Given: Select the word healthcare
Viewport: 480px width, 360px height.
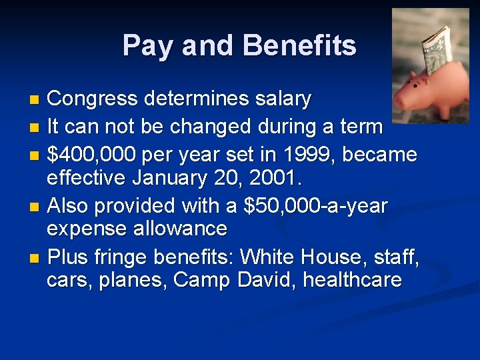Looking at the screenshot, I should click(x=352, y=280).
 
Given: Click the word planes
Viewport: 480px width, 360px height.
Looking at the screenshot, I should click(x=132, y=281).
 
